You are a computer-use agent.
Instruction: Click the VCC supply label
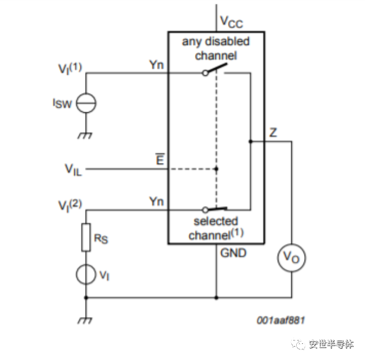click(231, 22)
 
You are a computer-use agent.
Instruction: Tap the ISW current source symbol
click(86, 103)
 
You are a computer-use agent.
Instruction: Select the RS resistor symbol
click(86, 237)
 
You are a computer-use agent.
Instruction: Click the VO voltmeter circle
click(291, 257)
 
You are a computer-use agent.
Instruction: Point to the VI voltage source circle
click(86, 274)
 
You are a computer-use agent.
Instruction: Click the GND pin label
click(233, 253)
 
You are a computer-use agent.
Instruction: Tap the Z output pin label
click(273, 133)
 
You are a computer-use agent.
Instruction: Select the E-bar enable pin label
click(160, 159)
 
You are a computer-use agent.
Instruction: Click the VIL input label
click(73, 170)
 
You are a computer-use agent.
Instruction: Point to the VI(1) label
click(70, 69)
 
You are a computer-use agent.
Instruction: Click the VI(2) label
click(70, 206)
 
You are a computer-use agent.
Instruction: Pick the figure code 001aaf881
click(281, 320)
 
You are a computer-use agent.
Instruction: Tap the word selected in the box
click(216, 221)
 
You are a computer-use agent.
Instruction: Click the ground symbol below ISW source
click(85, 136)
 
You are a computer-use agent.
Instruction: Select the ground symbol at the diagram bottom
click(85, 320)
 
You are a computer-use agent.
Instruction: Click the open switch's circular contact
click(205, 73)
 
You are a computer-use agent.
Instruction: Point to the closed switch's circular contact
click(205, 210)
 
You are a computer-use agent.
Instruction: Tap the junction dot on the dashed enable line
click(216, 169)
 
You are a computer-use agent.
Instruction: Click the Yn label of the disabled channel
click(157, 65)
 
